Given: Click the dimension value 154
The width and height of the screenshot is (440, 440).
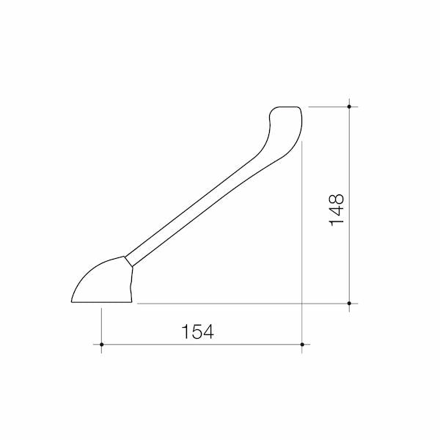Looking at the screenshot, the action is (x=197, y=331).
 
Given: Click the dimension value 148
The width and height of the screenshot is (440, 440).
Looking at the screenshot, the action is (x=336, y=210).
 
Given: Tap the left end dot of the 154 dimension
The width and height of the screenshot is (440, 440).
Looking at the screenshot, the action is (x=102, y=345).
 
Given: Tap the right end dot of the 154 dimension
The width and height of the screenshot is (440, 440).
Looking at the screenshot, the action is (x=302, y=345).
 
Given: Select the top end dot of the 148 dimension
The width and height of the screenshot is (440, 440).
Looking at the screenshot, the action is (x=349, y=106).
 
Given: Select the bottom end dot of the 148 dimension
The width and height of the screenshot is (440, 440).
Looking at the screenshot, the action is (x=349, y=304).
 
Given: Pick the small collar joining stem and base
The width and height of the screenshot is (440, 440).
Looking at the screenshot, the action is (x=128, y=261).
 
